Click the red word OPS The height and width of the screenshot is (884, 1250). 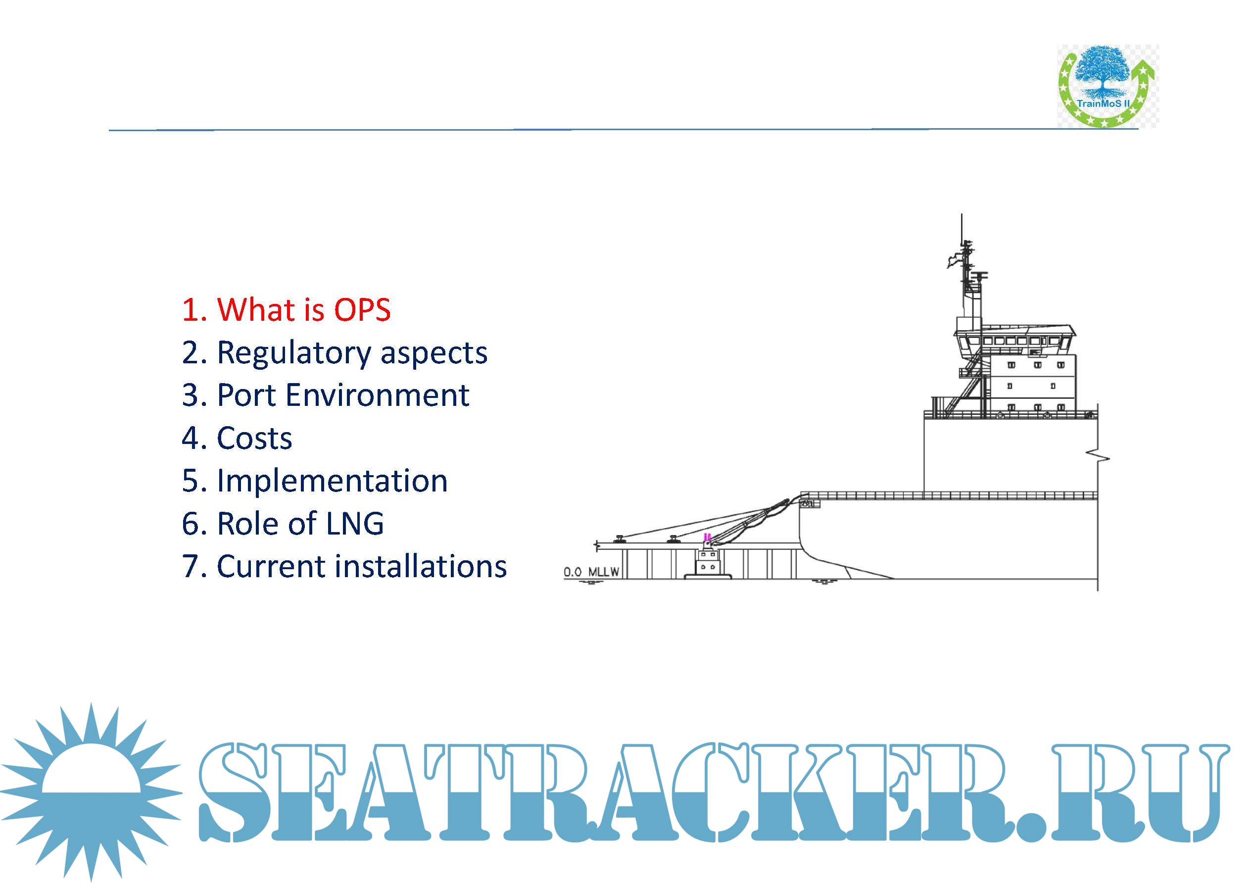[x=362, y=310]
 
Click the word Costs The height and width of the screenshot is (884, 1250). [x=254, y=438]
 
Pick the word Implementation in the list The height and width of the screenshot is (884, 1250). [x=332, y=482]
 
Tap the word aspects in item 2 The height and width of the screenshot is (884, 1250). [x=433, y=355]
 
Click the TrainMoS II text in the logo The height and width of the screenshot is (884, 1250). [x=1103, y=103]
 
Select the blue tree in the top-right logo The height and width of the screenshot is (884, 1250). [x=1103, y=71]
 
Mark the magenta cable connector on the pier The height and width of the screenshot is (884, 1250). [x=707, y=537]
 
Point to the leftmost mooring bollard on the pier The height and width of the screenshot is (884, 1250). [x=619, y=539]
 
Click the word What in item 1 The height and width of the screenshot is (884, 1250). [x=256, y=310]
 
